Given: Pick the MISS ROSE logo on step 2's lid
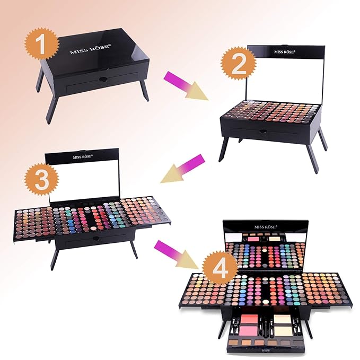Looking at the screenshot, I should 285,52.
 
